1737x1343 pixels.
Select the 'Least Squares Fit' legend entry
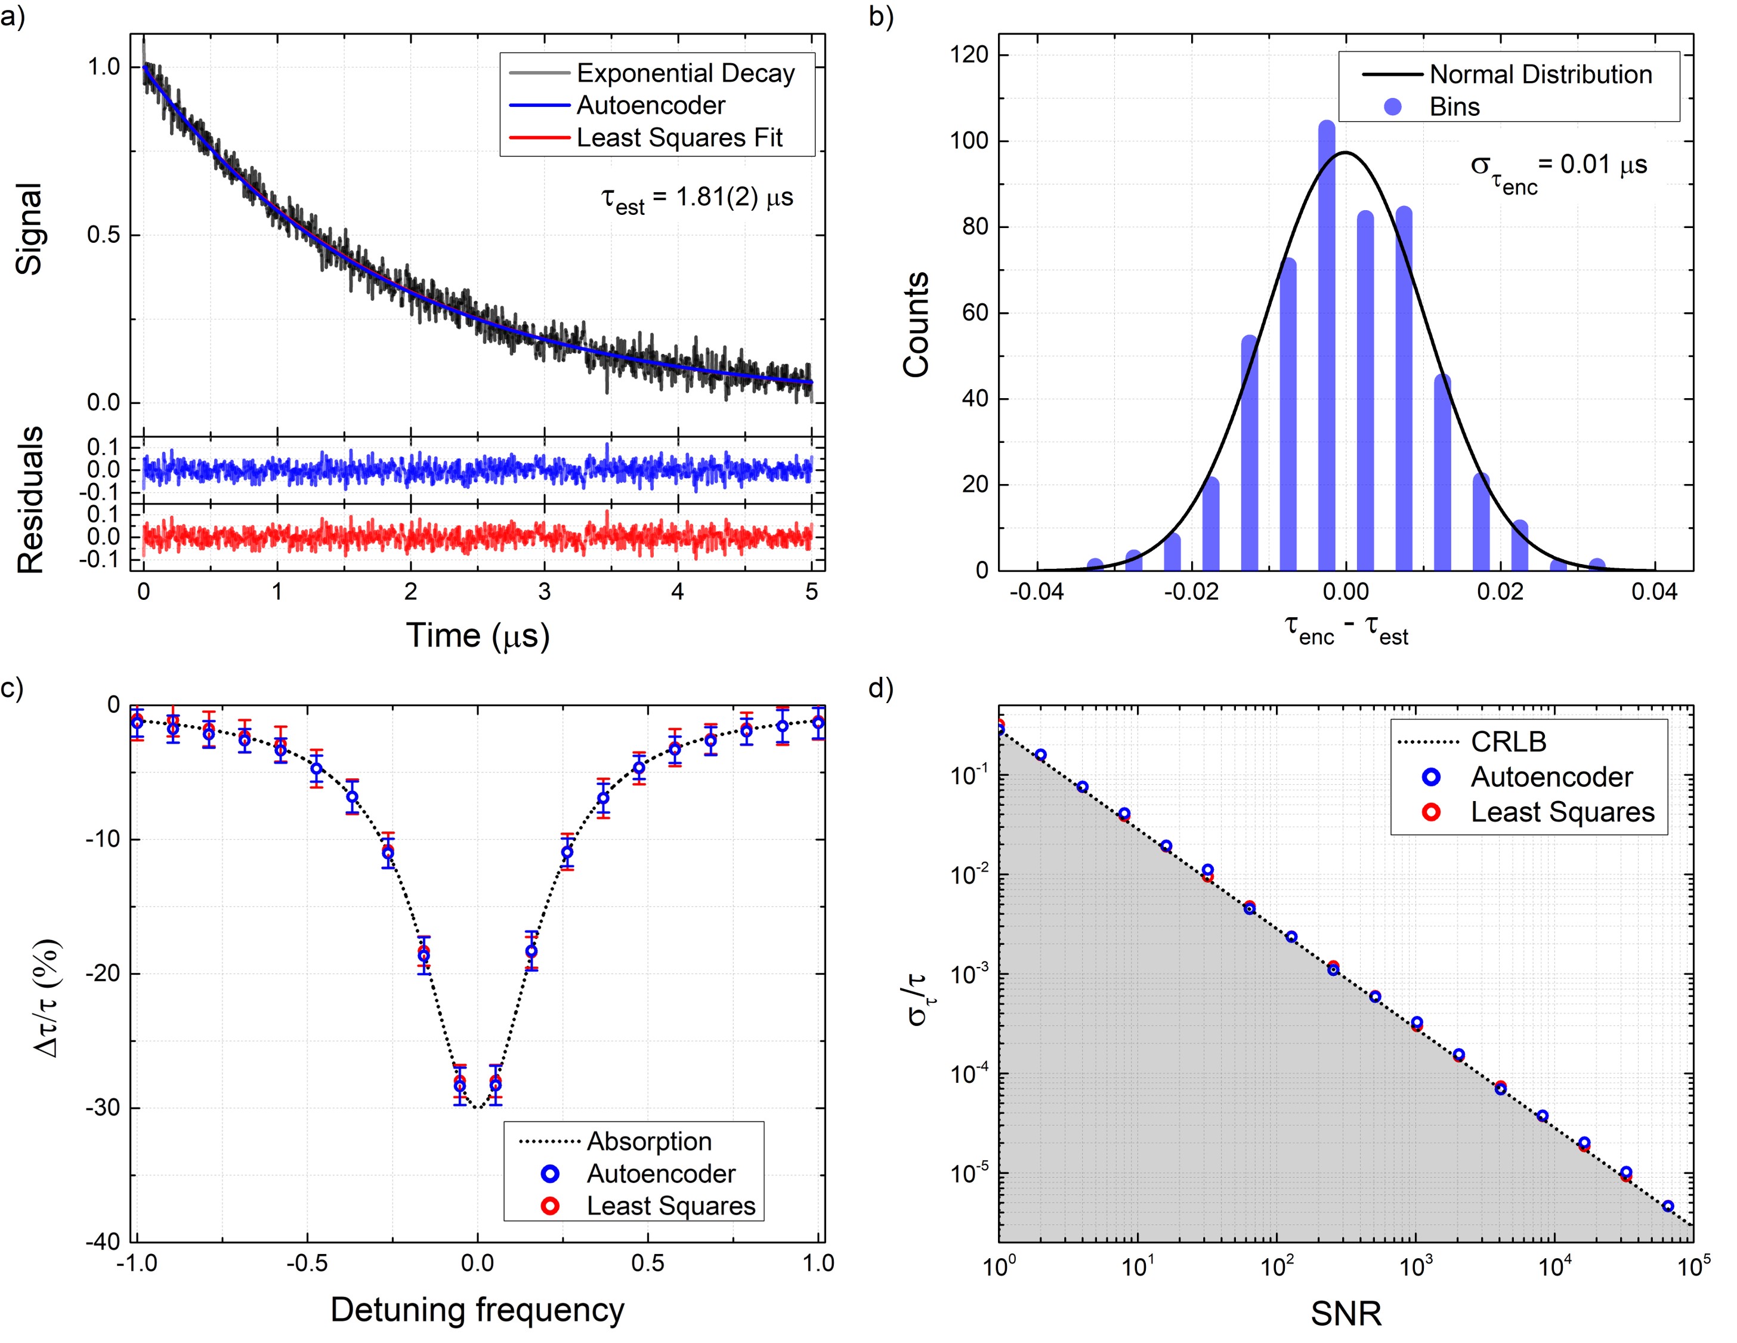[678, 138]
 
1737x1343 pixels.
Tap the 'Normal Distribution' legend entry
[1540, 74]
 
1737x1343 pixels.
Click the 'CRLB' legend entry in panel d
[1508, 741]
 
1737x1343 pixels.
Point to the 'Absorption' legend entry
[648, 1141]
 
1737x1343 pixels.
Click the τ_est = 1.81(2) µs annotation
[697, 199]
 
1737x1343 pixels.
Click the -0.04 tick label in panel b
[1036, 592]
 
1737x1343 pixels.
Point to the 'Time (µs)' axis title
[478, 635]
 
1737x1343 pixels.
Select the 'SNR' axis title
[1346, 1314]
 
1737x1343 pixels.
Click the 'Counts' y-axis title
[916, 324]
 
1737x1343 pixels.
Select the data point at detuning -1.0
[137, 722]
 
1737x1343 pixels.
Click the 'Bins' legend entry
[1454, 107]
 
